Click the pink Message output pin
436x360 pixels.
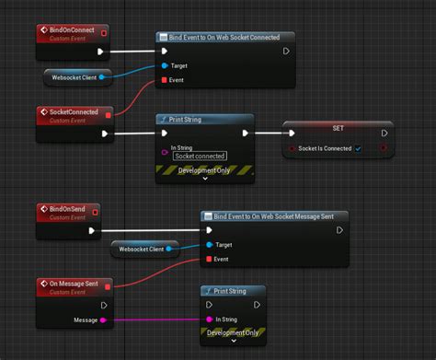103,320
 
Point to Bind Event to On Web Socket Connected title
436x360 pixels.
230,38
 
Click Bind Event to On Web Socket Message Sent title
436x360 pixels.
276,216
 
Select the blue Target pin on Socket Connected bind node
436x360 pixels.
165,66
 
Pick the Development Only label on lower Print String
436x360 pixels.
233,333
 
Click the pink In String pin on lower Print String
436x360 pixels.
209,319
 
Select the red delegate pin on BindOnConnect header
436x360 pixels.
103,33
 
